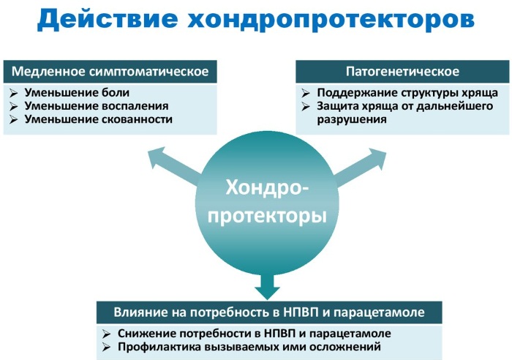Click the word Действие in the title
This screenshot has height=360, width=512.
coord(108,19)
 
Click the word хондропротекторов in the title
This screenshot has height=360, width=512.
coord(331,20)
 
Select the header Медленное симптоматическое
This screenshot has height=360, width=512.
coord(110,71)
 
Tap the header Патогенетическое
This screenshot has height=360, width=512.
coord(402,71)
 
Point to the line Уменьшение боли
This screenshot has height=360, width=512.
coord(77,92)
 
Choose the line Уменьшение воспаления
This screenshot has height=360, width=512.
coord(97,106)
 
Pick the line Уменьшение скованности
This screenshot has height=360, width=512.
coord(98,119)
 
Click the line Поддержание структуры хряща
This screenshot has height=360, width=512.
coord(407,93)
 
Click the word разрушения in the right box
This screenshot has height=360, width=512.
coord(352,119)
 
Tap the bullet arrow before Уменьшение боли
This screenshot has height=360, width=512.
coord(13,93)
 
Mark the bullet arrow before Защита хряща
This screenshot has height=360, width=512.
coord(306,107)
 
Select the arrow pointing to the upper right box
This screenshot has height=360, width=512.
coord(360,167)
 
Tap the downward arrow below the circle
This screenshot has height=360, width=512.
coord(268,286)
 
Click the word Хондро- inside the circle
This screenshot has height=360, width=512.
coord(267,187)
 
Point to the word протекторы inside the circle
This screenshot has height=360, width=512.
coord(267,216)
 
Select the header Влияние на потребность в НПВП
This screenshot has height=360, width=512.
coord(269,312)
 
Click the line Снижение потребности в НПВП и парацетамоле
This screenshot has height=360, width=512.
coord(254,334)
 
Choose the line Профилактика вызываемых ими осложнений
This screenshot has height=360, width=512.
coord(249,347)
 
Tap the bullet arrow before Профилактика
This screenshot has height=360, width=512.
coord(107,348)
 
